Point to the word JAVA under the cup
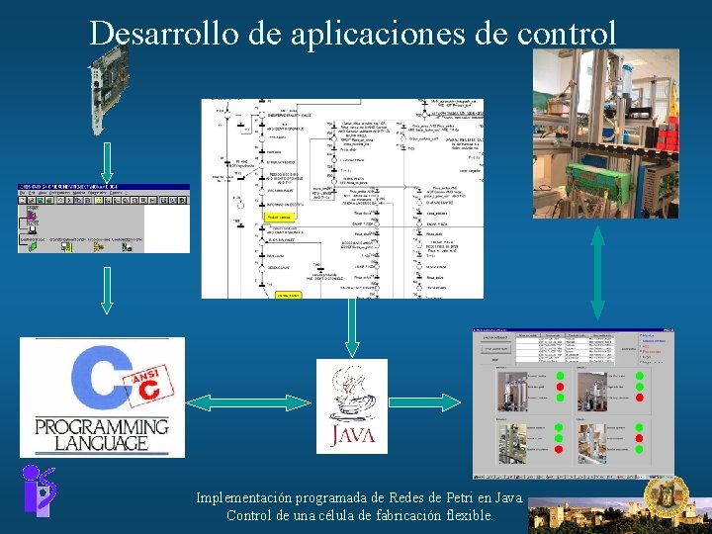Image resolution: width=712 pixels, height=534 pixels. tap(353, 435)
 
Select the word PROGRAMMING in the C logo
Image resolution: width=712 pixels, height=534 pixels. tap(102, 427)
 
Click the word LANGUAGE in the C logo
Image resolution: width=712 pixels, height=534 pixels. tap(102, 444)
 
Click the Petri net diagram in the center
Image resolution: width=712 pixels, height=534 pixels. tap(342, 198)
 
